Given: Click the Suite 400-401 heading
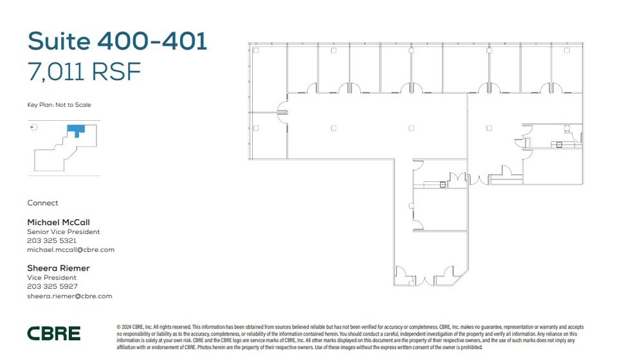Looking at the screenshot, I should pos(117,41).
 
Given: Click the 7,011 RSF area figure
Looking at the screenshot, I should pos(84,71).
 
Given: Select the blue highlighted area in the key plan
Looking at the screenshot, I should pos(75,130).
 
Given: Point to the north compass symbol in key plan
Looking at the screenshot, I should pos(34,127).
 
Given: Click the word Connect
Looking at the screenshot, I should pos(42,203).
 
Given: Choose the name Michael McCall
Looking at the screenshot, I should pos(59,222).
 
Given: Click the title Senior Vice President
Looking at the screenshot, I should pos(64,231).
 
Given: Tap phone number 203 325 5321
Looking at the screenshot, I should pos(51,240).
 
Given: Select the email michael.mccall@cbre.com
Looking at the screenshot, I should pos(71,249).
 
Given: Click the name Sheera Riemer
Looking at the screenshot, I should pos(59,268).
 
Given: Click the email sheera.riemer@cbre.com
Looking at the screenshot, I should pos(69,296).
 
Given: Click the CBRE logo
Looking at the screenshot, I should pos(54,333).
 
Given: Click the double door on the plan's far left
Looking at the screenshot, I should pos(282,113).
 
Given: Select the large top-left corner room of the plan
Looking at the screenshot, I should pos(268,77).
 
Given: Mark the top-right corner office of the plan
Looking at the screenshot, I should pos(567,67).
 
